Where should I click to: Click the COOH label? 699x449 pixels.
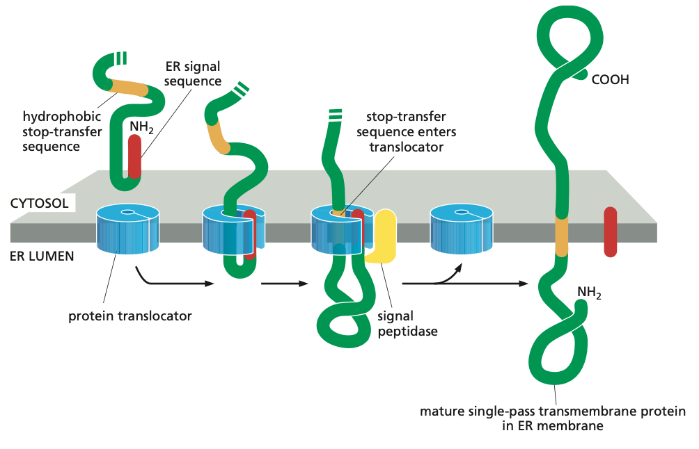coord(610,80)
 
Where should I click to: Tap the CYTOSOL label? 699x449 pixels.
coord(39,204)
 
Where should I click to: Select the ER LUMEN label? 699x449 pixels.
coord(41,256)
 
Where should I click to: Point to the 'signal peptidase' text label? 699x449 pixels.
coord(407,325)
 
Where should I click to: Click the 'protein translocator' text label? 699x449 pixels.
coord(129,316)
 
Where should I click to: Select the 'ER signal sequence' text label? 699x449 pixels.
coord(193,74)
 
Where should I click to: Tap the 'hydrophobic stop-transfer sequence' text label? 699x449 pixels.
coord(61,131)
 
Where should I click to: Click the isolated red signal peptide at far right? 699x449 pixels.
coord(611,231)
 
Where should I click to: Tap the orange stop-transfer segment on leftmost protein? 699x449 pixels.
coord(129,88)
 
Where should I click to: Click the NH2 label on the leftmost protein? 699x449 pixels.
coord(142,125)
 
